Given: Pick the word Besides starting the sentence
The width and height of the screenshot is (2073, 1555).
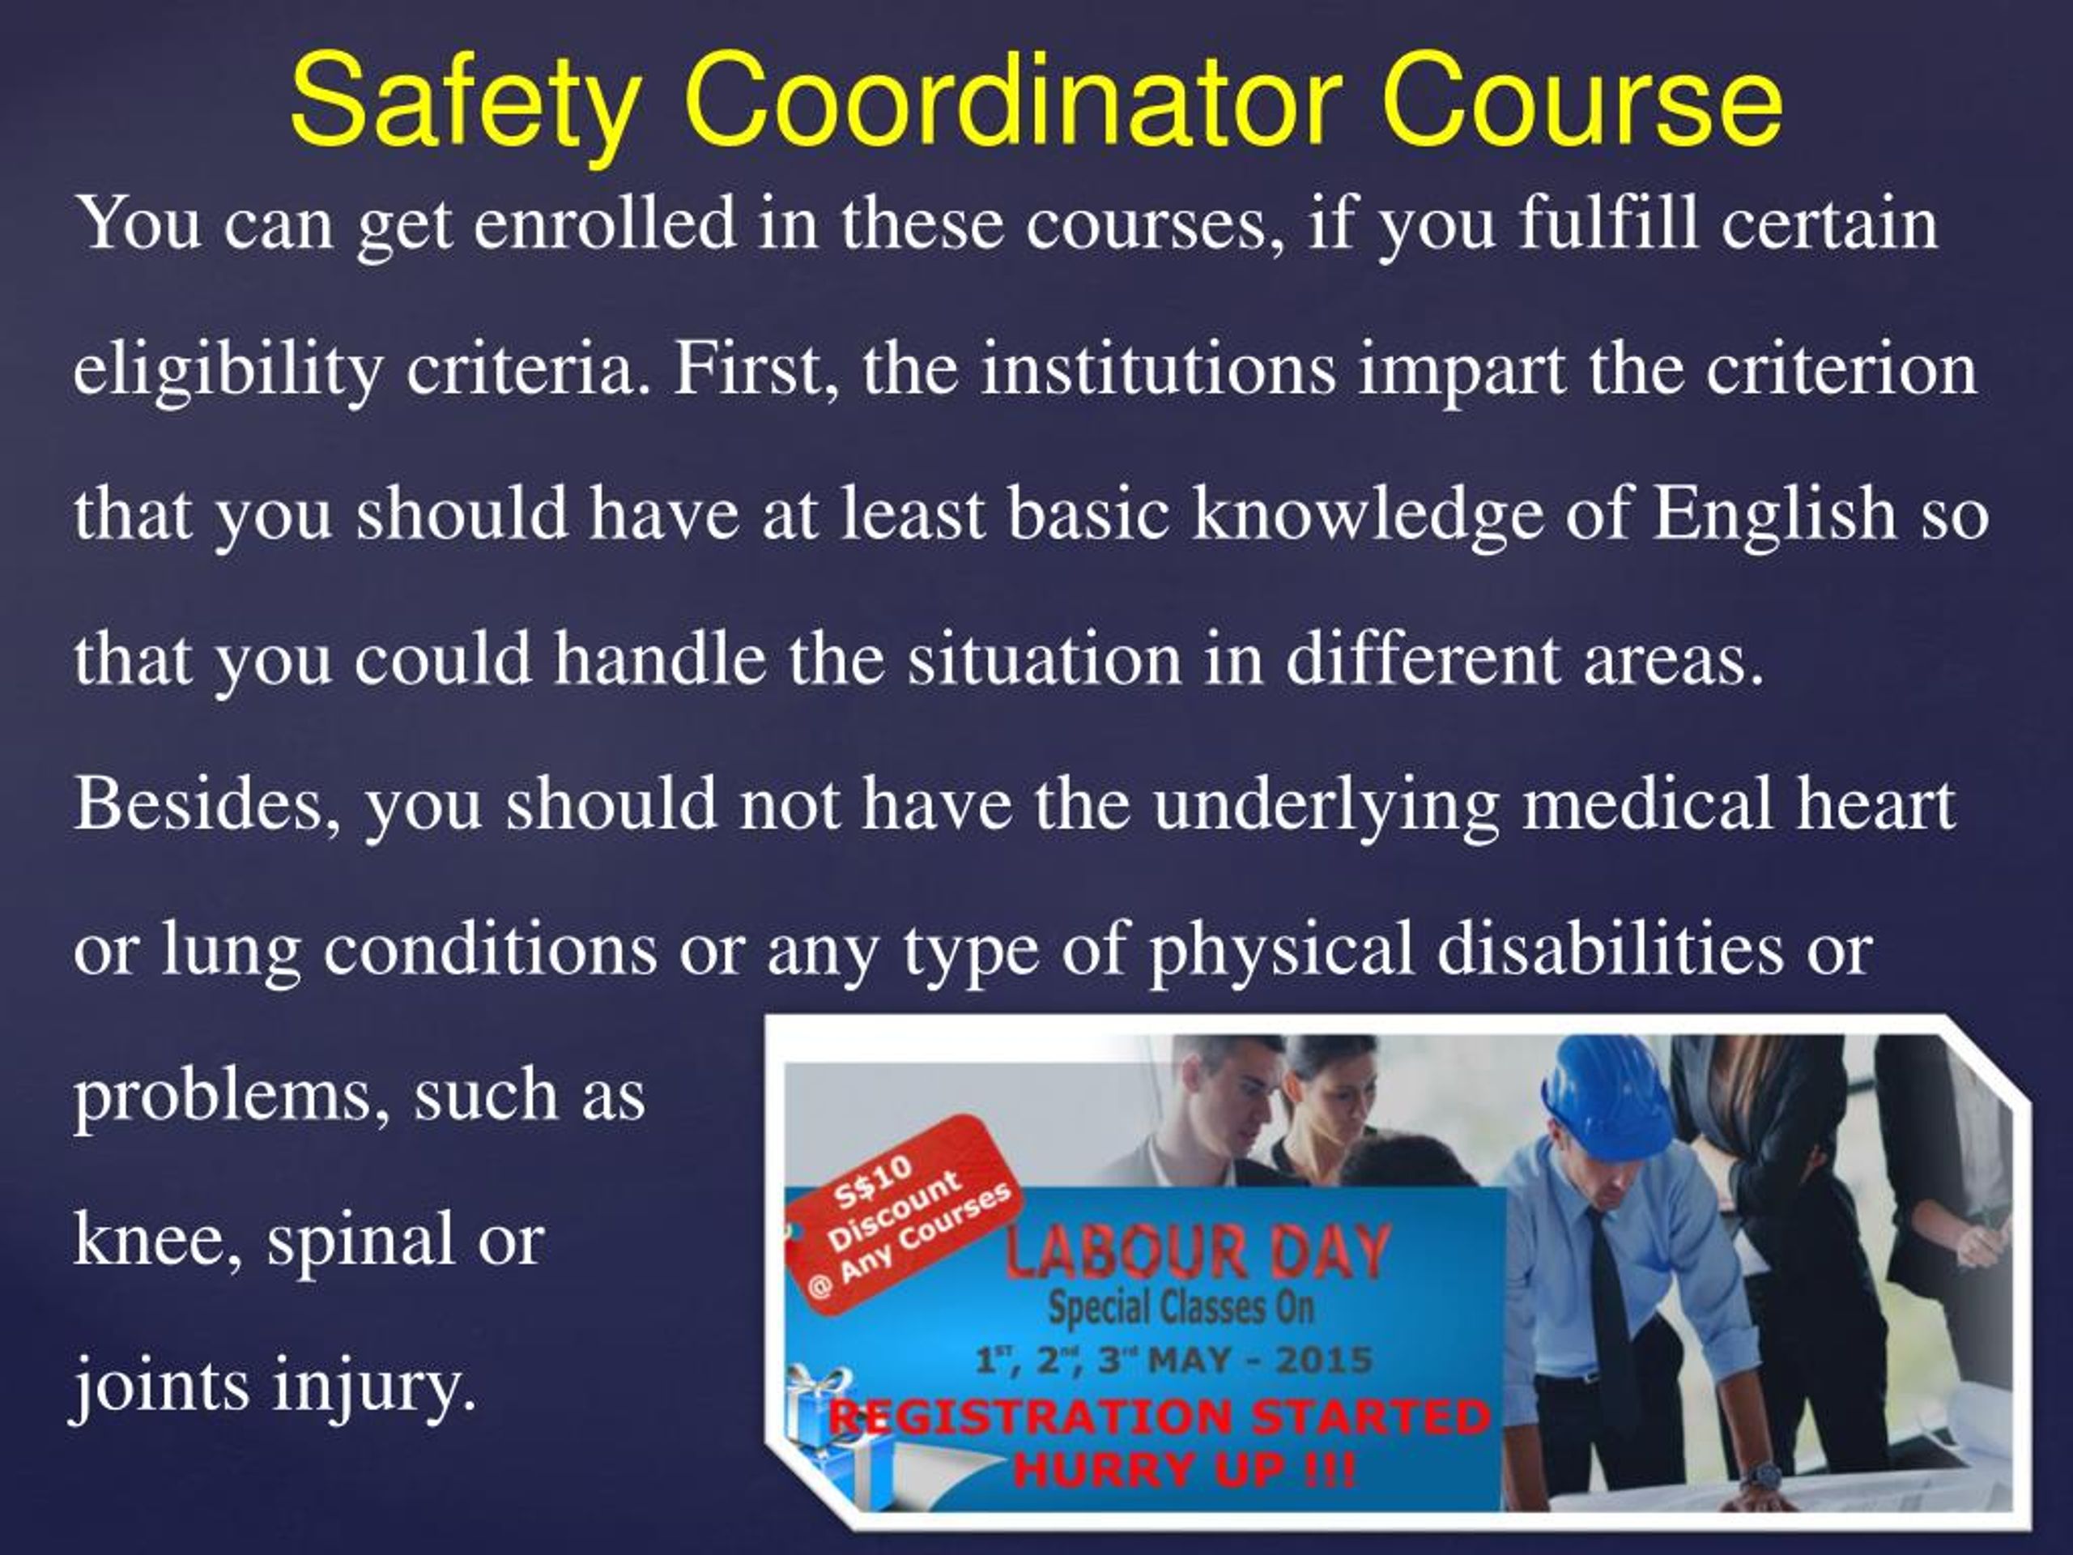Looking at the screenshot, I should pyautogui.click(x=207, y=804).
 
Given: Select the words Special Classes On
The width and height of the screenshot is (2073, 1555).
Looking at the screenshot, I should pyautogui.click(x=1181, y=1307).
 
